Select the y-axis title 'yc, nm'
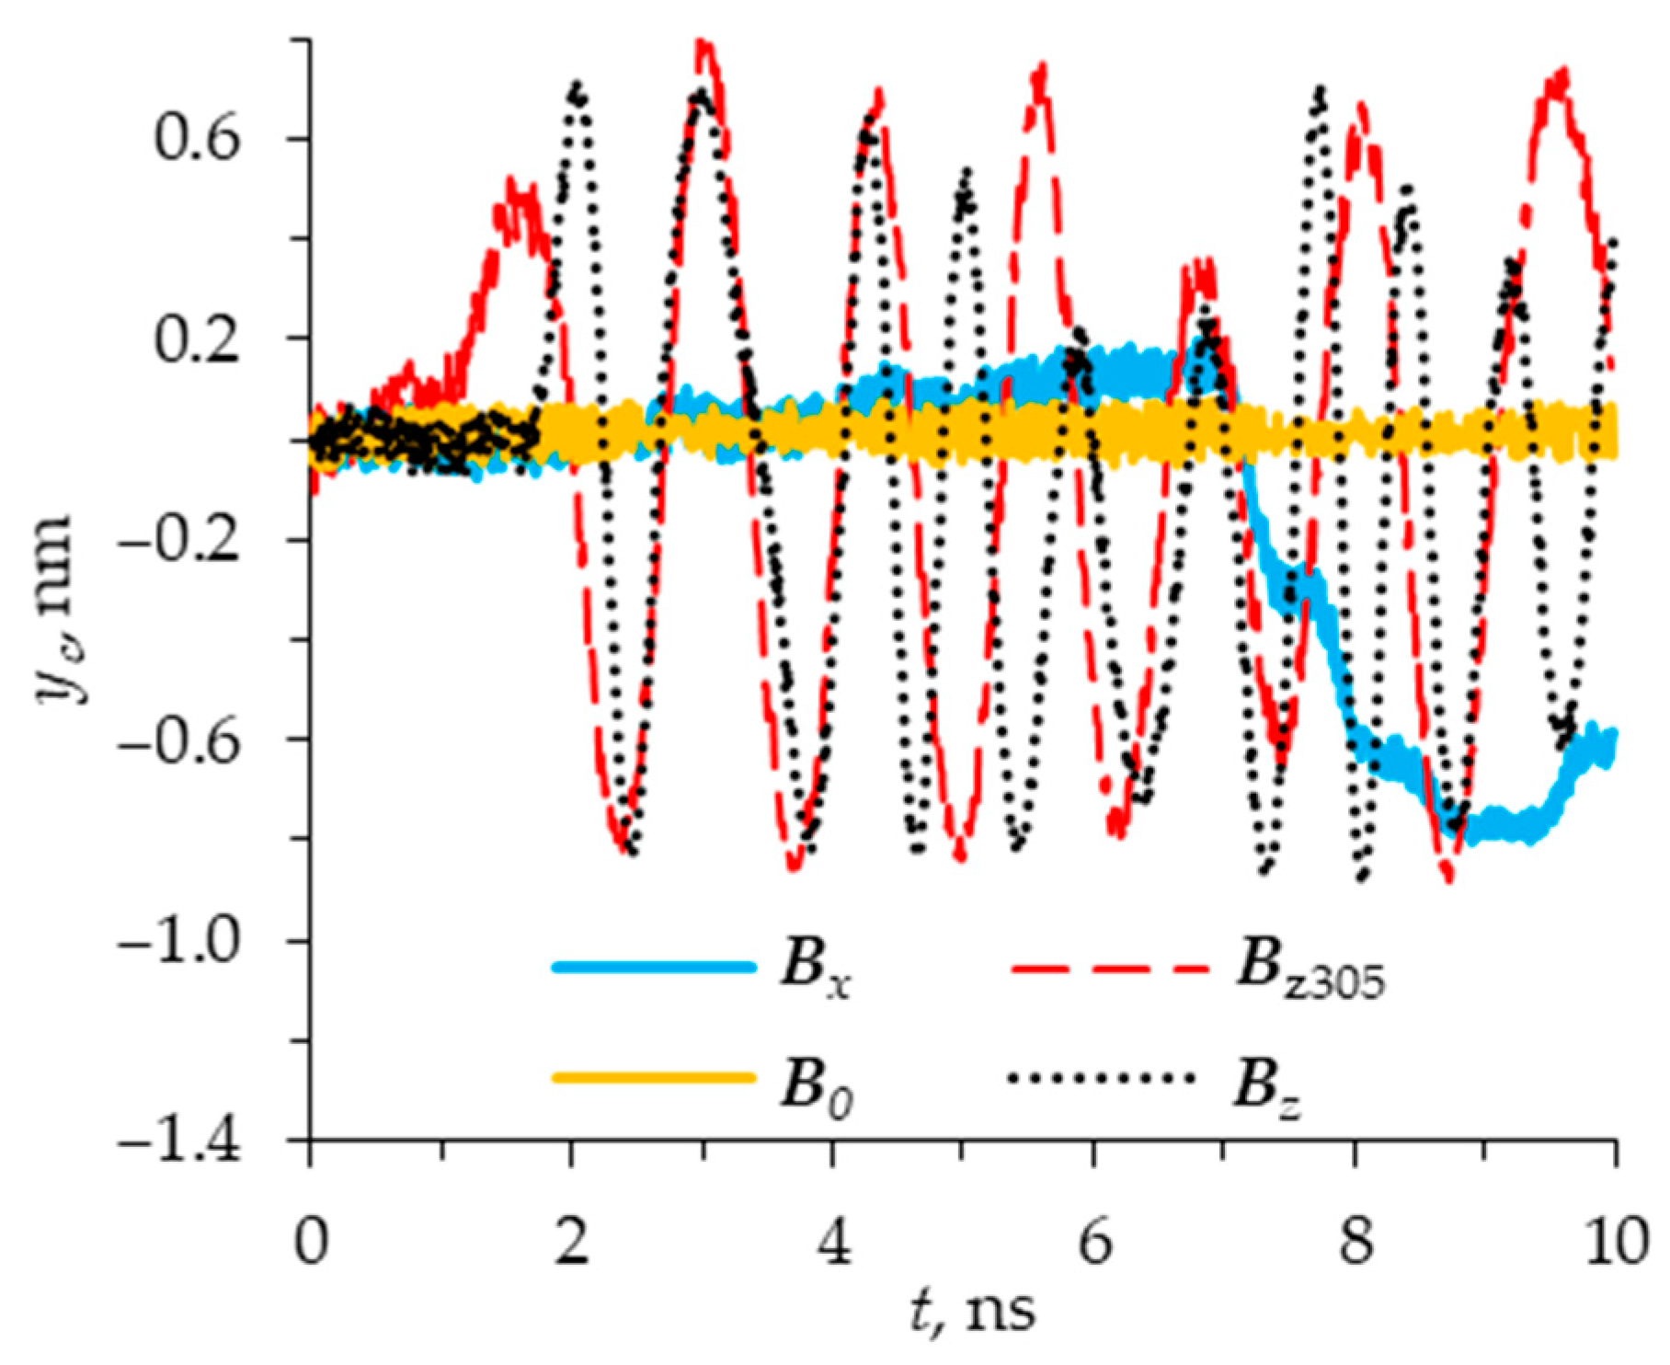click(57, 607)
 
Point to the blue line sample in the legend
click(654, 968)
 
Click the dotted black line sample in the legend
click(1103, 1077)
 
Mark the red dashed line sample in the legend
click(1108, 968)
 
